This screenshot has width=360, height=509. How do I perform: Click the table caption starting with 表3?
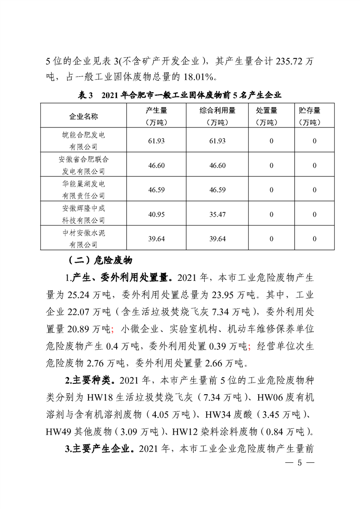(x=180, y=95)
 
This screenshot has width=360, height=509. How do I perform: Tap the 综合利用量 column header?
(x=217, y=117)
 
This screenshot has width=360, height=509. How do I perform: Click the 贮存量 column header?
(x=310, y=117)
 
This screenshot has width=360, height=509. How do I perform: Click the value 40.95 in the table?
(x=156, y=214)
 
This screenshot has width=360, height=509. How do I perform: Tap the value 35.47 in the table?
(x=217, y=214)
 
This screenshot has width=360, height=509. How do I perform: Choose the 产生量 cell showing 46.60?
(x=156, y=165)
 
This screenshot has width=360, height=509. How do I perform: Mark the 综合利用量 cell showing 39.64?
(x=217, y=239)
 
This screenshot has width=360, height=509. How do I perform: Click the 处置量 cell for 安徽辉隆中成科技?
(x=271, y=214)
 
